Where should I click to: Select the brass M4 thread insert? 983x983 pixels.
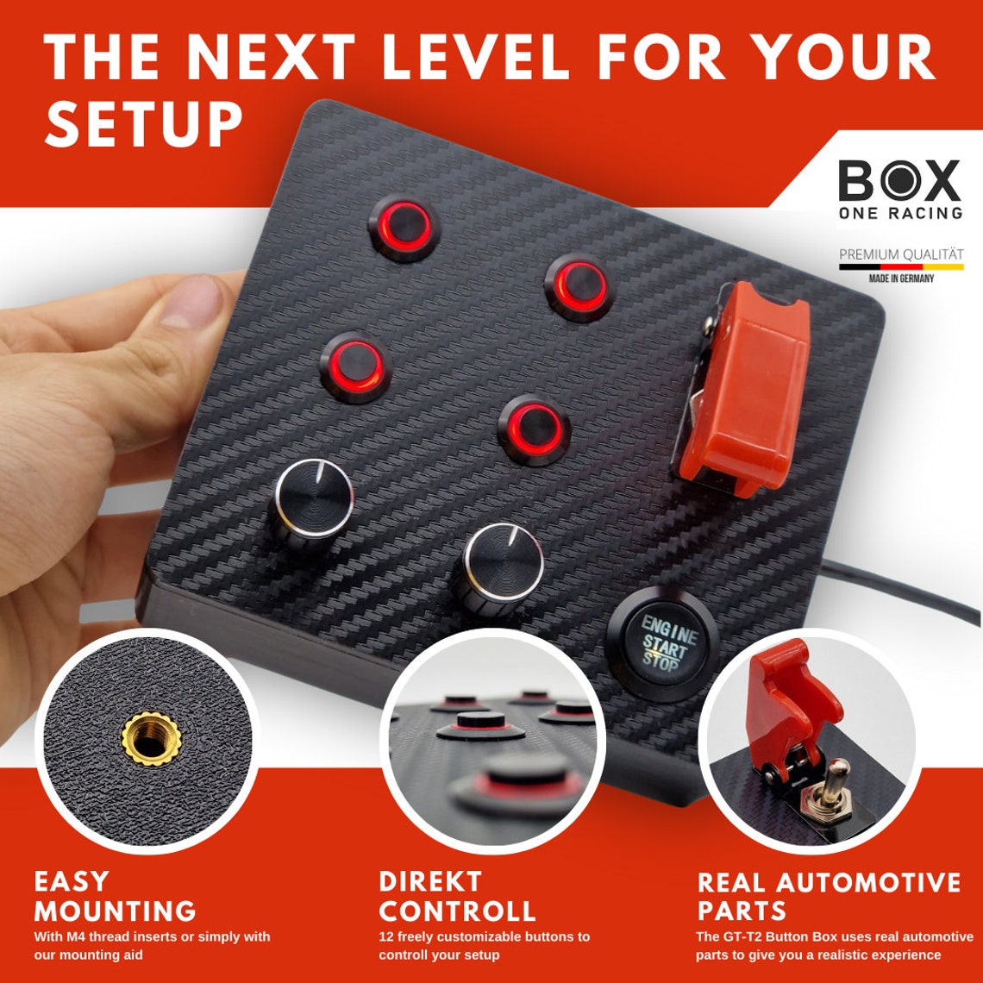tap(151, 739)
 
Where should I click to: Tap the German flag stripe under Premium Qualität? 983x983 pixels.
tap(901, 267)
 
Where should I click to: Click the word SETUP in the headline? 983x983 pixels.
tap(143, 124)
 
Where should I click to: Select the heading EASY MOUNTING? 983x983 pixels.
tap(115, 896)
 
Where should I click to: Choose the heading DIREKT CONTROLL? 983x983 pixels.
tap(457, 896)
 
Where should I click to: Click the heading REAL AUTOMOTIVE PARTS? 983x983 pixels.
tap(828, 896)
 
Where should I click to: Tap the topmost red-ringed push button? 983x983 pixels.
tap(405, 227)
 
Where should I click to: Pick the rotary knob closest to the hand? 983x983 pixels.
tap(314, 500)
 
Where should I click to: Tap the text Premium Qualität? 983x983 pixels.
tap(901, 254)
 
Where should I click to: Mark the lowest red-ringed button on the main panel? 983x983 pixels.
tap(534, 429)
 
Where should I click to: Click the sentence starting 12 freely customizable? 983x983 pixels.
tap(484, 945)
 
